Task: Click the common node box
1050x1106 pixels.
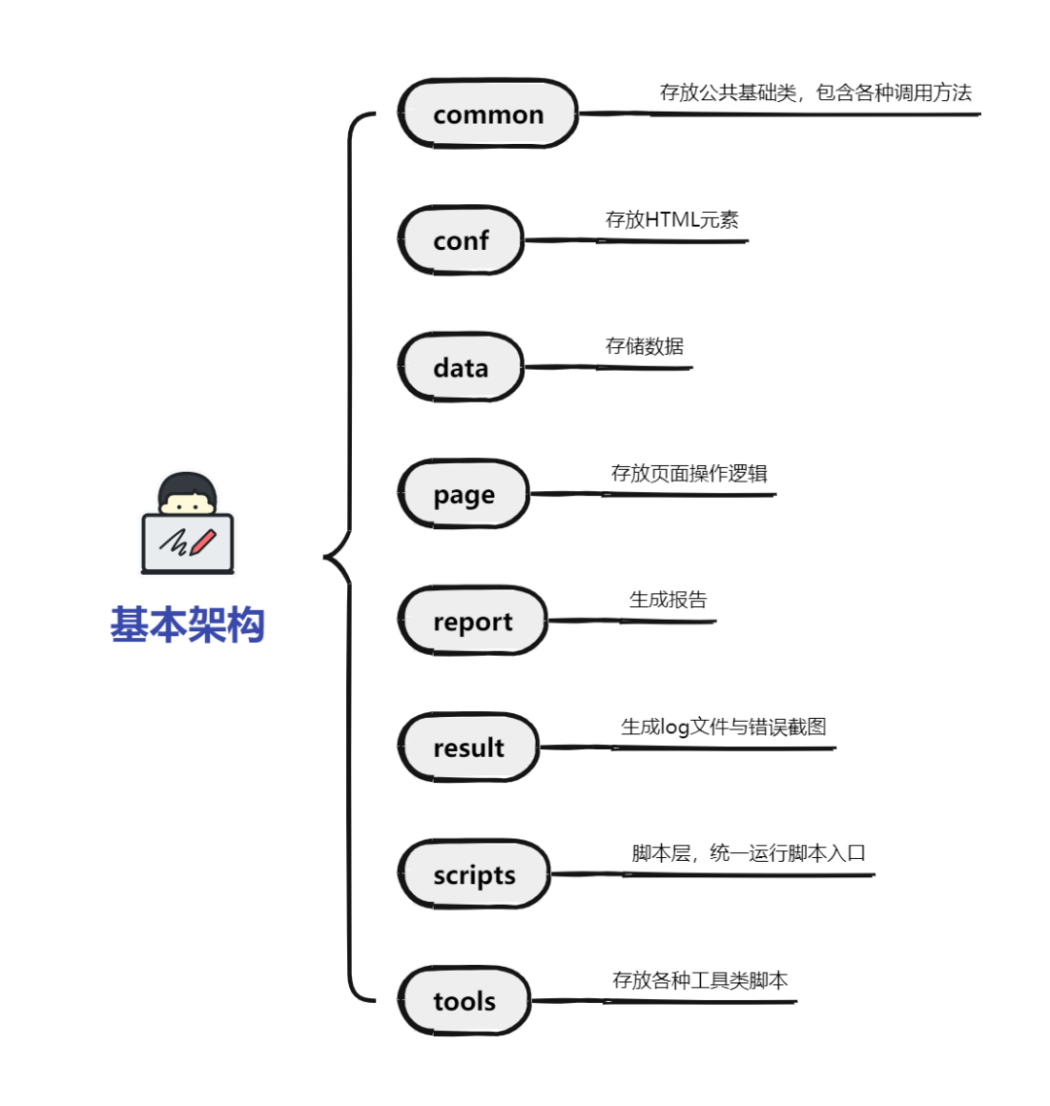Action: pos(488,114)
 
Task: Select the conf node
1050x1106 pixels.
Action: pos(461,240)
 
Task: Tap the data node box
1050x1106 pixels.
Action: pos(461,368)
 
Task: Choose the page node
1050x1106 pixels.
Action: pos(464,494)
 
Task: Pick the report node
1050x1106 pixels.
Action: pos(472,621)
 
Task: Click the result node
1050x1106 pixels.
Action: pos(469,747)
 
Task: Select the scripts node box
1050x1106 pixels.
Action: pos(474,874)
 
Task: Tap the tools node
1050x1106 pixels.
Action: pos(465,1001)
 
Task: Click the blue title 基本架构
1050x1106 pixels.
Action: pos(187,624)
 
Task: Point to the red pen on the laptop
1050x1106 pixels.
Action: pos(203,541)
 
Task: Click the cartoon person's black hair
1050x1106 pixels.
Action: pos(187,483)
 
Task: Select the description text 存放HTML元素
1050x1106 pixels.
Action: pos(672,220)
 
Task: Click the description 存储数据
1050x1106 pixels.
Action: pos(645,346)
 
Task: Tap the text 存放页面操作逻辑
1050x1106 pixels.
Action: pos(689,474)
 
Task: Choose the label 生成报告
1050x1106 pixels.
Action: pos(668,600)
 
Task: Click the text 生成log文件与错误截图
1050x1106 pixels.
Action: pos(723,727)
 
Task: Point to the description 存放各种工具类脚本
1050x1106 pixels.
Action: pos(700,981)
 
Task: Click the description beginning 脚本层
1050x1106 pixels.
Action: pos(749,853)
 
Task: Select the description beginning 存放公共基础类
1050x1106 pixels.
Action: pos(816,92)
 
